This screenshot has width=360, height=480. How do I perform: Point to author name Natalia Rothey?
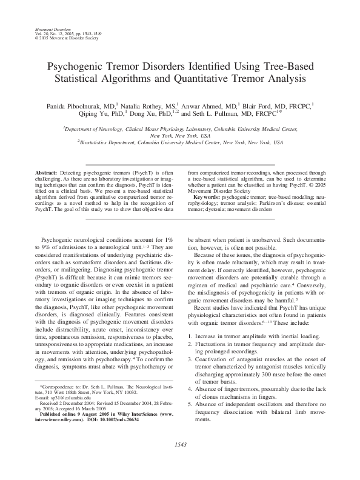(144, 105)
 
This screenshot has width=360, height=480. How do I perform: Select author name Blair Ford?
(261, 105)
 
